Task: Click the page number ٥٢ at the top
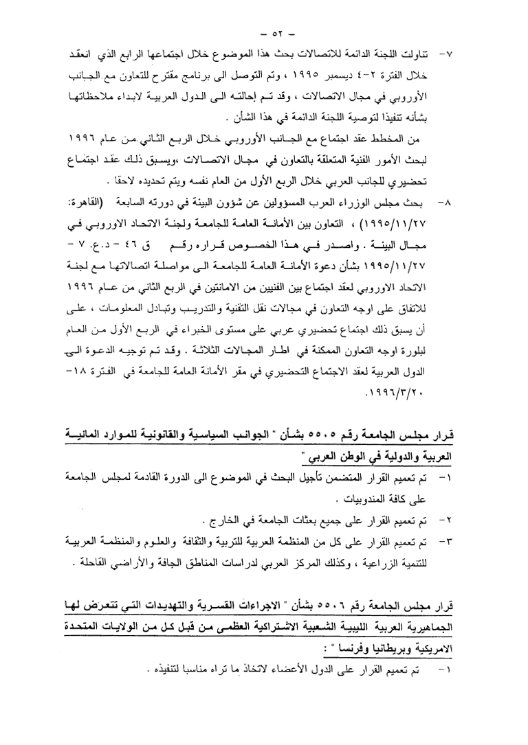click(263, 32)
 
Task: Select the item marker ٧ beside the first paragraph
click(471, 52)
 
